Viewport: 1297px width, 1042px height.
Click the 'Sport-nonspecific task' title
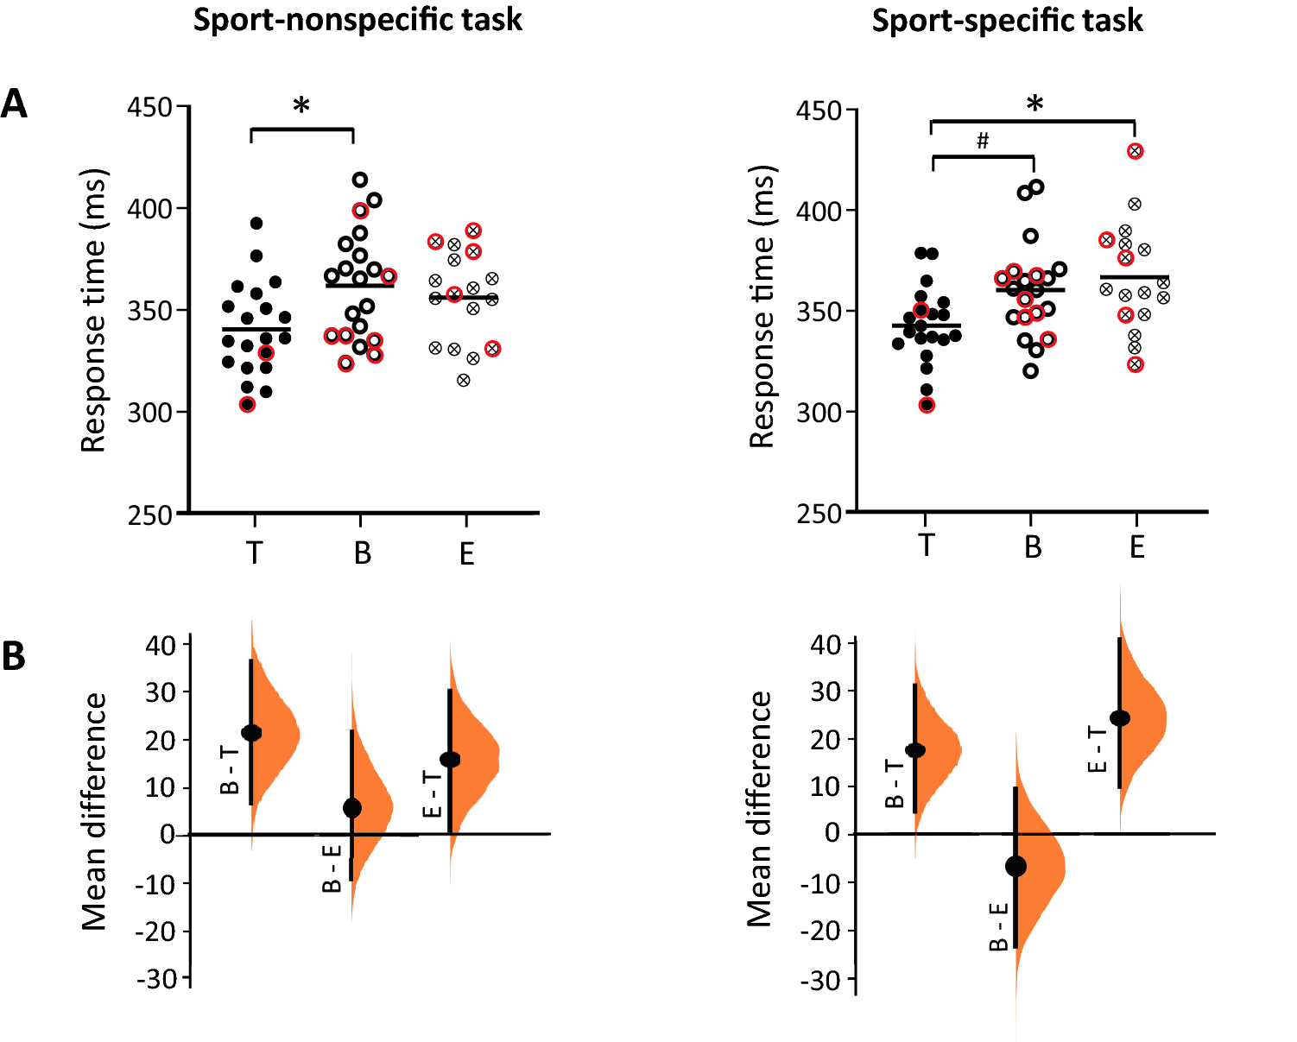[x=357, y=19]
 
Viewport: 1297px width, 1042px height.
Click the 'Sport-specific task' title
[x=1007, y=20]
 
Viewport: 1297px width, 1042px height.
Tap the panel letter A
[x=14, y=105]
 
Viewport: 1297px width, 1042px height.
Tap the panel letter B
[x=14, y=656]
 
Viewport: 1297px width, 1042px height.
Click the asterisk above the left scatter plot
[x=301, y=108]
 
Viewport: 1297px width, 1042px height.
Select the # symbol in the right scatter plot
[x=983, y=141]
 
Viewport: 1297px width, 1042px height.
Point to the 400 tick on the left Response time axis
[x=150, y=208]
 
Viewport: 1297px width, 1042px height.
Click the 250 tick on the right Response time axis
[x=819, y=514]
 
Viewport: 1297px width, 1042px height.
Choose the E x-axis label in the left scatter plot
[x=466, y=553]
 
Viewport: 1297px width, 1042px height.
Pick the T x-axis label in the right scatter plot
[x=926, y=546]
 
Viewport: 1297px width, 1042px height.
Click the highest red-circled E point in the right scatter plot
[x=1136, y=151]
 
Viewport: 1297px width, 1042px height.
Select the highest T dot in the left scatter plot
[x=256, y=224]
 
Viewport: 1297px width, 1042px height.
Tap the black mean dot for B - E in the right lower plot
[x=1016, y=866]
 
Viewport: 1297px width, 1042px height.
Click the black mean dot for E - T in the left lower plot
[x=450, y=760]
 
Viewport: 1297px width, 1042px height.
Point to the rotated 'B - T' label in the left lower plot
[x=230, y=770]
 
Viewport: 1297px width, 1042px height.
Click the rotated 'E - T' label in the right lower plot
[x=1097, y=748]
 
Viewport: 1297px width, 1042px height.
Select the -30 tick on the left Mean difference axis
[x=156, y=979]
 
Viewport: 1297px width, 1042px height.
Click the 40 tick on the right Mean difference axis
[x=826, y=644]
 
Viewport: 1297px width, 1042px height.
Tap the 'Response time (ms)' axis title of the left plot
[x=93, y=311]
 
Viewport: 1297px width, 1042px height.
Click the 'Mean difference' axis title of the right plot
[x=759, y=809]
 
